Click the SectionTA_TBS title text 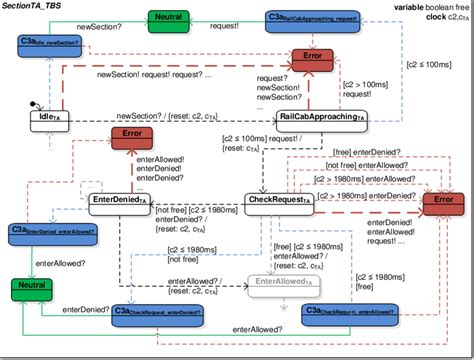(x=36, y=7)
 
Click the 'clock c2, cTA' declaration (x=438, y=18)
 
